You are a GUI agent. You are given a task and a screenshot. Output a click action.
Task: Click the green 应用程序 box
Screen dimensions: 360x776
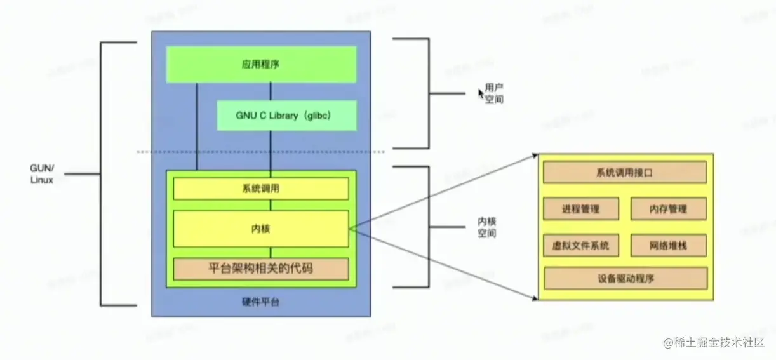(261, 64)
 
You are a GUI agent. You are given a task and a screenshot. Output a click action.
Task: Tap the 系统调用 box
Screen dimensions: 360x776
(261, 189)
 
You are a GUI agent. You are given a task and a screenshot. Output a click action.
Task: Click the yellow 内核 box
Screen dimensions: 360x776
(261, 229)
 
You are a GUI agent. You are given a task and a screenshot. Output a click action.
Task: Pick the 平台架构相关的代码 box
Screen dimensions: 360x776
(261, 269)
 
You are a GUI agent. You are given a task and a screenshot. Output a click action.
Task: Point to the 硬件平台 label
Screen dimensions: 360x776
(261, 302)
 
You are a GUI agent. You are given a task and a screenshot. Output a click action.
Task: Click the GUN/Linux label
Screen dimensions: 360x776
(42, 174)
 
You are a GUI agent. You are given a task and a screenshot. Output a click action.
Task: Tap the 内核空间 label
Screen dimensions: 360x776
(487, 227)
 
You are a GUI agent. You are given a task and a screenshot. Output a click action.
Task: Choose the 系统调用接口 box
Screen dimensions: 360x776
(625, 172)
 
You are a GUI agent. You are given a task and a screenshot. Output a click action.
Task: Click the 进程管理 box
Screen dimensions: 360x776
(581, 209)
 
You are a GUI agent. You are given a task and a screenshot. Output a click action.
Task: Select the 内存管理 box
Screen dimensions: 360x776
(668, 209)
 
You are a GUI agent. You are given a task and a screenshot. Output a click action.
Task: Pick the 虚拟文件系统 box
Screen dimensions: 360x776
(581, 245)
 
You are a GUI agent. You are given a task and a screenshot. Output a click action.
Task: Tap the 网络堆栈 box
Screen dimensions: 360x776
(668, 245)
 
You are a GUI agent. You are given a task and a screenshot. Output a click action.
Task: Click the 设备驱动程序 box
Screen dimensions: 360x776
(625, 278)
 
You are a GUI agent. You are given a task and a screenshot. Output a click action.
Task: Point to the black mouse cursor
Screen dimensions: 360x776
(481, 93)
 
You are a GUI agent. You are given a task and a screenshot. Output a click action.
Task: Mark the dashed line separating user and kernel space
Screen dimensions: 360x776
(261, 152)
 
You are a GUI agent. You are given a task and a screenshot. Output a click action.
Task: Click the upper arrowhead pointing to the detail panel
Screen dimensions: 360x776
(535, 156)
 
